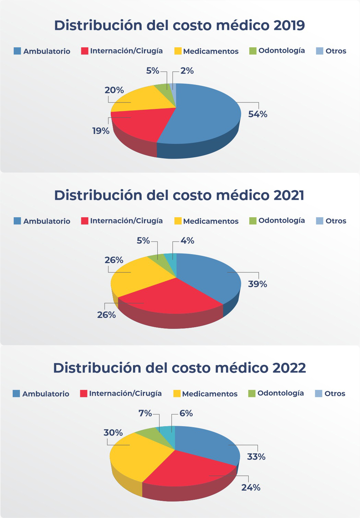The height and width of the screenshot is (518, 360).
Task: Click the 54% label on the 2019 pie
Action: (257, 114)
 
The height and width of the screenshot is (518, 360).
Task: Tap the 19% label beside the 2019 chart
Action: (100, 131)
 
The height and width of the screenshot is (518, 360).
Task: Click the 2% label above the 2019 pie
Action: (187, 71)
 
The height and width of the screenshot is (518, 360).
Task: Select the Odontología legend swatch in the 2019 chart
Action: (253, 51)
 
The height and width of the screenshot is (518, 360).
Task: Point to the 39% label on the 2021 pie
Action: (257, 284)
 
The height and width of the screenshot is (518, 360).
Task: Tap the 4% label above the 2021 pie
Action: (187, 241)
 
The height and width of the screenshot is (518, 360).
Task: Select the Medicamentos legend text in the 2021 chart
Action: (211, 221)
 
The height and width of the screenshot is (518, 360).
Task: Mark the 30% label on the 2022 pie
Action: (113, 433)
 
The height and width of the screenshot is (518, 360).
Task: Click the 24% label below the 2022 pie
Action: (251, 488)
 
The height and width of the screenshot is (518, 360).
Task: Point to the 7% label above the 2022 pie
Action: (145, 414)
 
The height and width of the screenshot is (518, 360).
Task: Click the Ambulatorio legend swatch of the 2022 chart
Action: (16, 394)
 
